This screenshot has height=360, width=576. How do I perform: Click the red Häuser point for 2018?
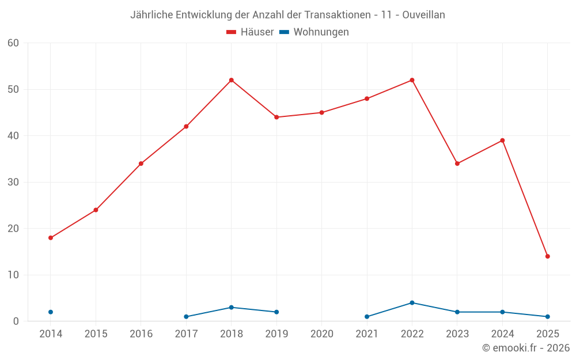coord(231,80)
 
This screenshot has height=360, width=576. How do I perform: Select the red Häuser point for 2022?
coord(412,80)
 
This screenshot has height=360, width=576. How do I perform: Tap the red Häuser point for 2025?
coord(547,256)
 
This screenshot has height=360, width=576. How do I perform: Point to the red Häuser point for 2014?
coord(51,238)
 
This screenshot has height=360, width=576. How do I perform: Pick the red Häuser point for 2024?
coord(502,141)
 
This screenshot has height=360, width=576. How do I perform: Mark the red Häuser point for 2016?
coord(141,164)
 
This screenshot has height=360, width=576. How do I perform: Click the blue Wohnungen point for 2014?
coord(51,312)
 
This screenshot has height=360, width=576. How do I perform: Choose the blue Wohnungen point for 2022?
coord(412,303)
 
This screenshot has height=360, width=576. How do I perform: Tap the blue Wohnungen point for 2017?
coord(186,317)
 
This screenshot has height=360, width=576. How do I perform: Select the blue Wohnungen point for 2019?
coord(276,312)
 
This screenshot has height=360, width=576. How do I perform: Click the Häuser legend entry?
coord(249,32)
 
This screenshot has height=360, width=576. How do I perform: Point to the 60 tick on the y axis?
coord(13,43)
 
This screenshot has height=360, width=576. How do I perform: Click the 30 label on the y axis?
coord(13,182)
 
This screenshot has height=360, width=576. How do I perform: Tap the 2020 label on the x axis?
coord(321,334)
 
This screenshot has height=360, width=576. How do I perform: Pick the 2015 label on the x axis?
coord(96,334)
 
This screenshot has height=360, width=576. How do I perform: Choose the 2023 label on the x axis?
coord(457,334)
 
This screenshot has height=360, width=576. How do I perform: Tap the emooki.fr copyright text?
coord(525,348)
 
